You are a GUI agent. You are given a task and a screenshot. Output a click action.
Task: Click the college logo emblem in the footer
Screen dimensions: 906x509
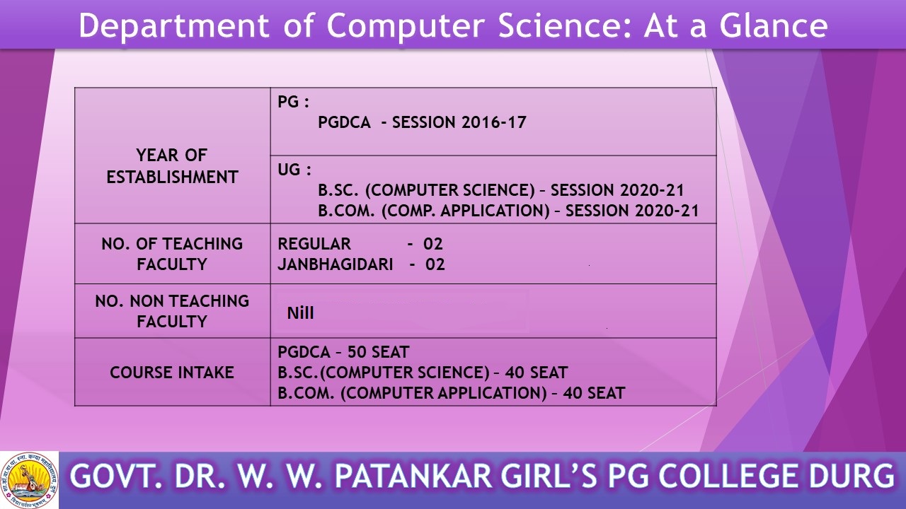click(29, 480)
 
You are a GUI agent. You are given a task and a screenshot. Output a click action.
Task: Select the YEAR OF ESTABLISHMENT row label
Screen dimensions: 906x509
click(172, 166)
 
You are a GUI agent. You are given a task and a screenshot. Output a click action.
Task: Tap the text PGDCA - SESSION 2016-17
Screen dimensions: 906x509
click(422, 122)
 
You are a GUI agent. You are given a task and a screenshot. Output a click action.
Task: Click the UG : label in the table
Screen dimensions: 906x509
click(294, 170)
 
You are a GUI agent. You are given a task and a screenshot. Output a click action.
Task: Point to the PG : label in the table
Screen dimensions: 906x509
click(293, 102)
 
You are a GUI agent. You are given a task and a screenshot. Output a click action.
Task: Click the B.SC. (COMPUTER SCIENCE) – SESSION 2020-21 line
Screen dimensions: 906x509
click(500, 190)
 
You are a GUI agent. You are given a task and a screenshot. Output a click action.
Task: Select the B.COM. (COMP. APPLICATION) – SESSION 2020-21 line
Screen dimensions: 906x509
click(508, 211)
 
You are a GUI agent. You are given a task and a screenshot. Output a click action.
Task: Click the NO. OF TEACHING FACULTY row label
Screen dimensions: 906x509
click(172, 254)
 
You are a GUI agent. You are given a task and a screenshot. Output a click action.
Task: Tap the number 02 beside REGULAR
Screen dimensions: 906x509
click(432, 244)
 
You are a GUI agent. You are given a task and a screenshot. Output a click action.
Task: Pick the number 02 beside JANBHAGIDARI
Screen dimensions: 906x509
click(435, 264)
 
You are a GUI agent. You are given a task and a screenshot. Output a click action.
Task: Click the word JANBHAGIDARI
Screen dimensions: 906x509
click(336, 264)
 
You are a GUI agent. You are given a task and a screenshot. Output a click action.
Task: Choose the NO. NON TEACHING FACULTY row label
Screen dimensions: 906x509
click(172, 312)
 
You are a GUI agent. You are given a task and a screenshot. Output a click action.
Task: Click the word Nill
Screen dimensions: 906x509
click(300, 313)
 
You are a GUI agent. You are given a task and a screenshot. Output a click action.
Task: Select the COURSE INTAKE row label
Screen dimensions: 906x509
click(172, 373)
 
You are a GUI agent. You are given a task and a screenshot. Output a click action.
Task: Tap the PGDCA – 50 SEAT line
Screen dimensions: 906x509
click(343, 352)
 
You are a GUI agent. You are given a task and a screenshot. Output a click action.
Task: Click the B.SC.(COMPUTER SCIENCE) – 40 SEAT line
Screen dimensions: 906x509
click(423, 373)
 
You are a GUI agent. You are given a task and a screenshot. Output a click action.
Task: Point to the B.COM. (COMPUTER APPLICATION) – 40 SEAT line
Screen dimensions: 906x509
click(452, 393)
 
